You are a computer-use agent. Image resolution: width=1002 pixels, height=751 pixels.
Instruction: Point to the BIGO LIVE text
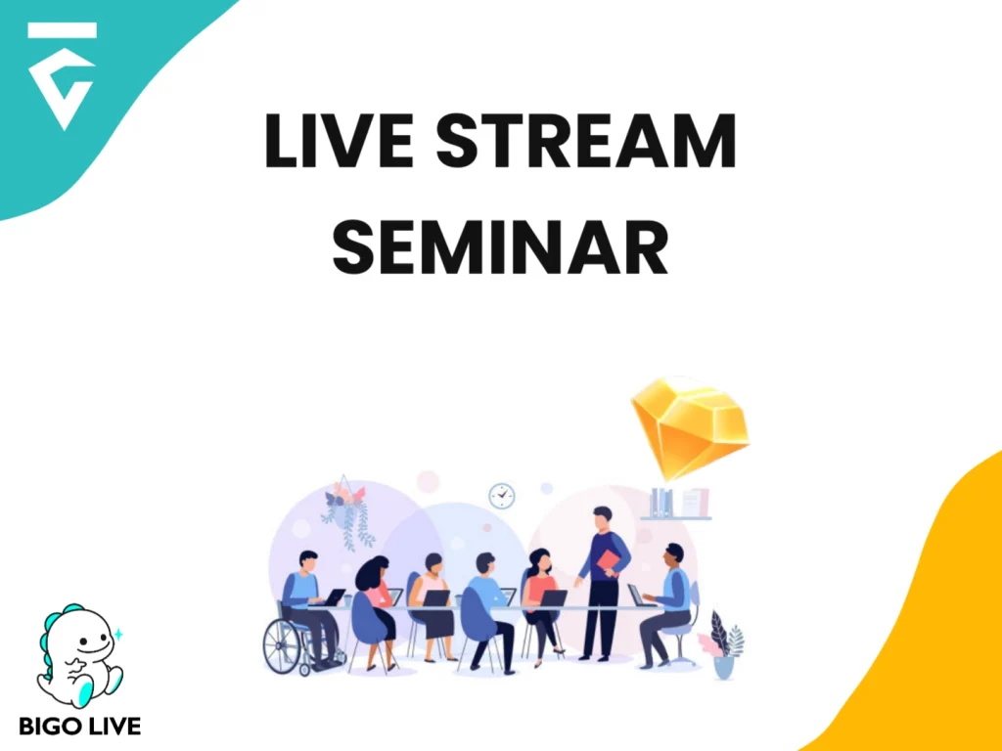[79, 726]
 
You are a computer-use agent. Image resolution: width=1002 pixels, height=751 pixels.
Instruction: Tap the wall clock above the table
[502, 495]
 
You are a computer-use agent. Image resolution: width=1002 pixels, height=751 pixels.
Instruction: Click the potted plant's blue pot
[723, 666]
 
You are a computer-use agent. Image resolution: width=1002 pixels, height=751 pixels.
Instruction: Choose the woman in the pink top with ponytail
[541, 596]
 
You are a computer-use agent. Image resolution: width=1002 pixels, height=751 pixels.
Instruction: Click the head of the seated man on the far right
[673, 553]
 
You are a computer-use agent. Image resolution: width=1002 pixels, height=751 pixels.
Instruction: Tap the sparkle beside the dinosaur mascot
[118, 634]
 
